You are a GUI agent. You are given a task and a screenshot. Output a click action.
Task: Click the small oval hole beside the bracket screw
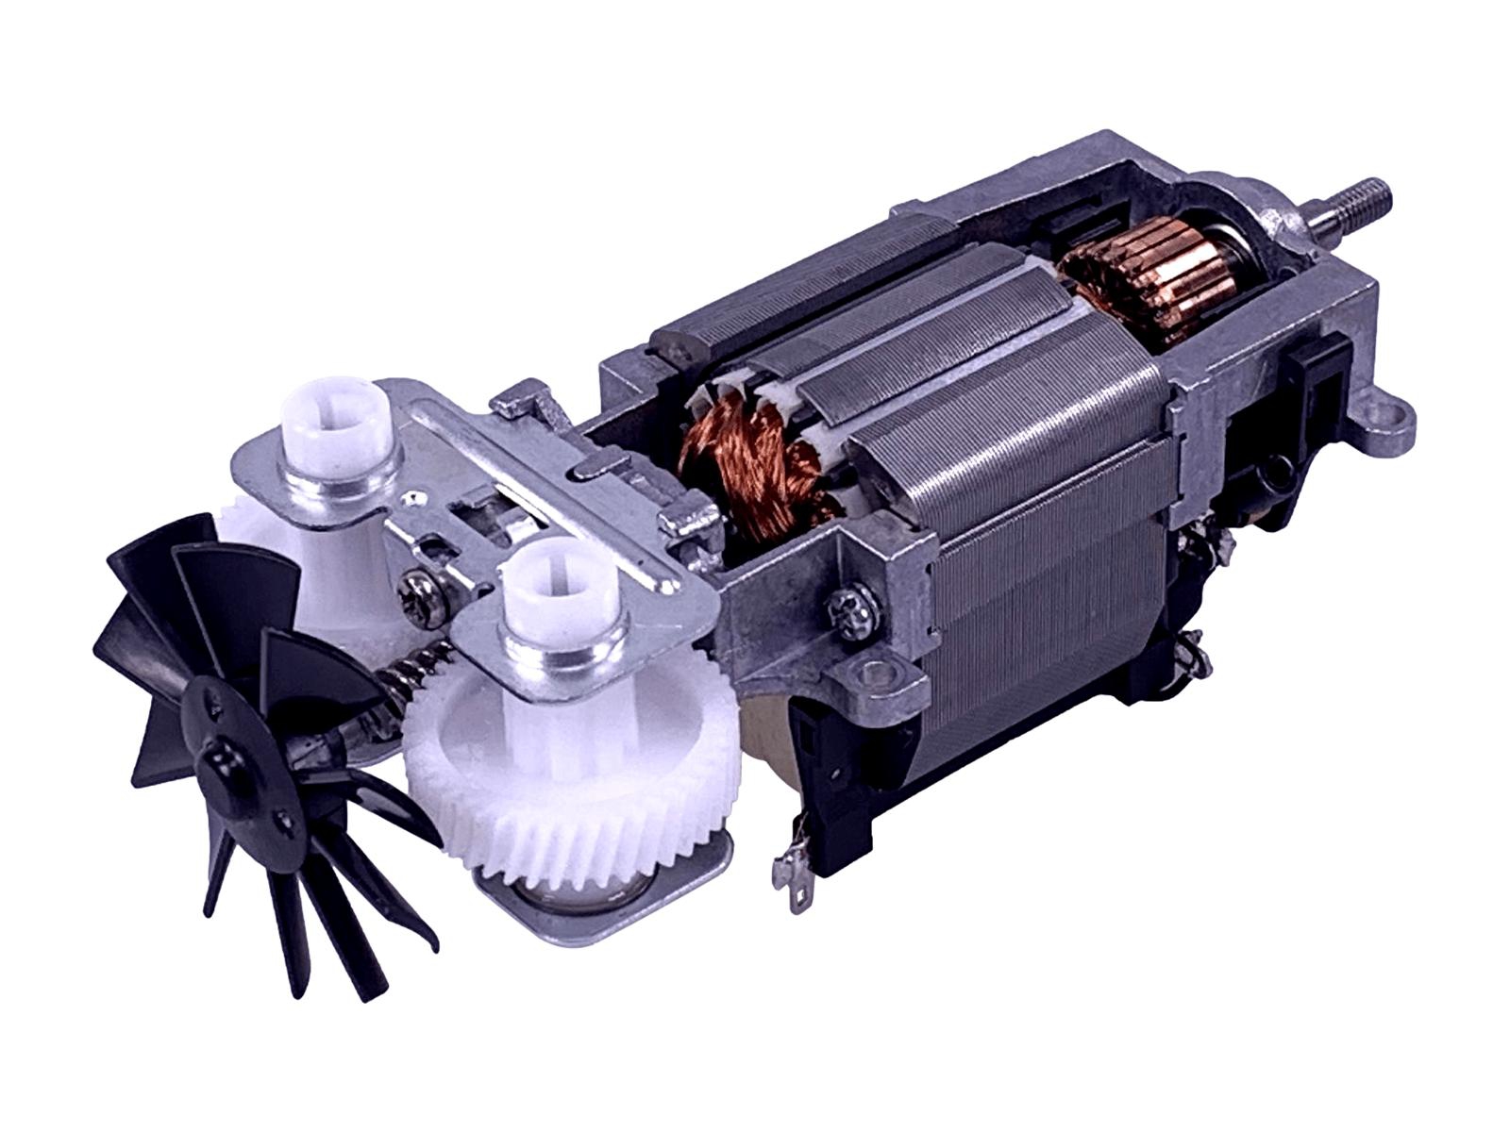(435, 546)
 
